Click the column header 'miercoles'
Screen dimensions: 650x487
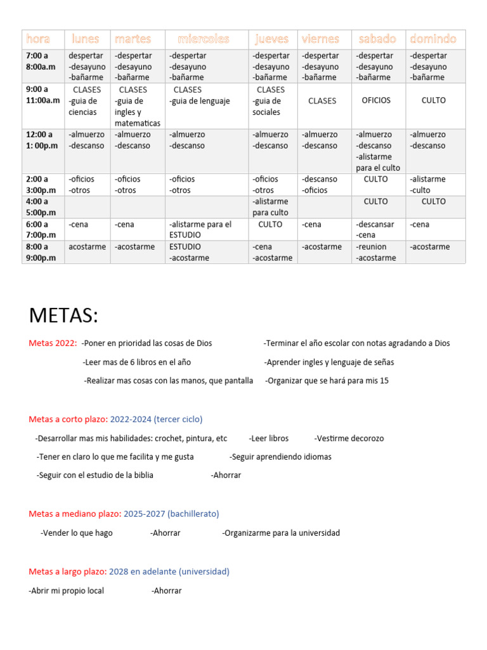[x=203, y=39]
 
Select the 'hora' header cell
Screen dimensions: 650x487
[x=38, y=39]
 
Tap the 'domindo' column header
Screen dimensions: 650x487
[x=433, y=39]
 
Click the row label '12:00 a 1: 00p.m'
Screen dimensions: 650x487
[x=42, y=140]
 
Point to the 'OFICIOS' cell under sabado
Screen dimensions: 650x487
[x=376, y=100]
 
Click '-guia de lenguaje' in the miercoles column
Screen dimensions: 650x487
[x=199, y=101]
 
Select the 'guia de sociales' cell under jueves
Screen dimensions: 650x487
[x=266, y=107]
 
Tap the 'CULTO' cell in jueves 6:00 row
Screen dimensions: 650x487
[x=271, y=224]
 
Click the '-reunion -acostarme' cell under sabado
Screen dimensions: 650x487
[x=376, y=252]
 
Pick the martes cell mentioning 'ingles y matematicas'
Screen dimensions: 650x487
[x=137, y=112]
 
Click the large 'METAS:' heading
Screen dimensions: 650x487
[x=63, y=315]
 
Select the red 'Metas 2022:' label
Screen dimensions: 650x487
[x=53, y=343]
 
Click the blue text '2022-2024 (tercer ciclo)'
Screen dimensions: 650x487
[x=156, y=420]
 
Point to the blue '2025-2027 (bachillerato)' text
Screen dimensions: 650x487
[x=171, y=514]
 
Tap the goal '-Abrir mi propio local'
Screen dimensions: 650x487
[x=67, y=590]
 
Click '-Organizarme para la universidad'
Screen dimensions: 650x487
[x=281, y=533]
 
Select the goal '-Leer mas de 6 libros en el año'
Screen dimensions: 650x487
[x=136, y=362]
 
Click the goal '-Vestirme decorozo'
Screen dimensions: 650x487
[x=349, y=438]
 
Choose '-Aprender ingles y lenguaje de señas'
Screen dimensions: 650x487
[x=328, y=362]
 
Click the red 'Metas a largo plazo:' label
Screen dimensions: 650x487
[x=67, y=571]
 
